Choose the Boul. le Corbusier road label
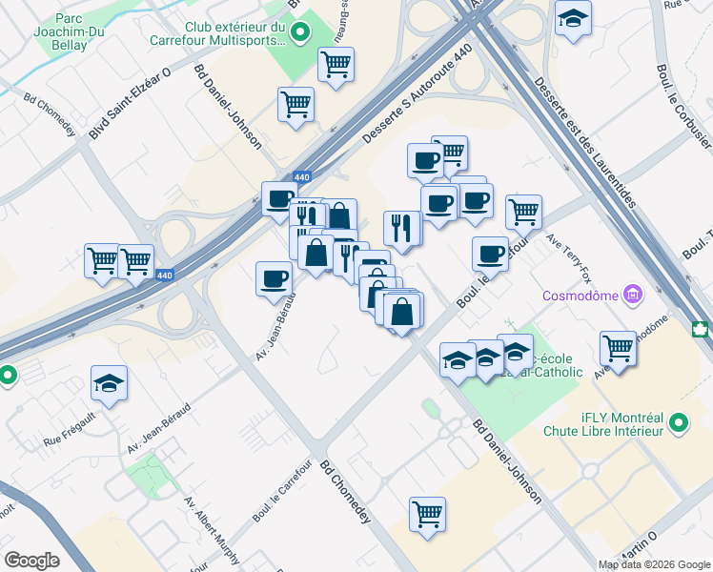(x=683, y=105)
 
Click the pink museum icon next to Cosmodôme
(x=632, y=295)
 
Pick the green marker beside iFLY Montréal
(x=679, y=421)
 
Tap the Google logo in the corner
(x=31, y=561)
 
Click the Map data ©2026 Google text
(x=654, y=564)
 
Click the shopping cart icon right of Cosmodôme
(x=619, y=347)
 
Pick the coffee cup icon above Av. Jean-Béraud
(x=274, y=278)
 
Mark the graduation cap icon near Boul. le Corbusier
(x=573, y=19)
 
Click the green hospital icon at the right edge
(x=703, y=329)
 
